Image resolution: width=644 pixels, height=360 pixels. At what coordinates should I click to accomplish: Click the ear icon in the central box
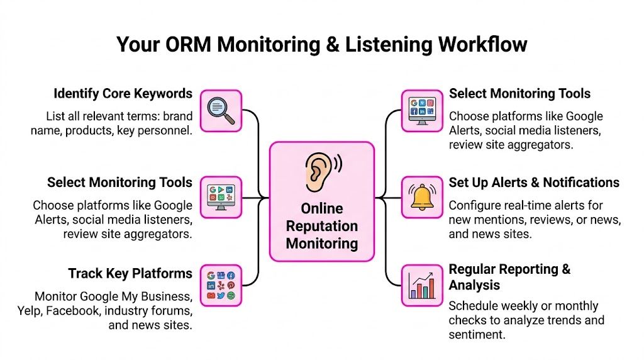[321, 171]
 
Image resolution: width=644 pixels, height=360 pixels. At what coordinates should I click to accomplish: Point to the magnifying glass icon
[221, 110]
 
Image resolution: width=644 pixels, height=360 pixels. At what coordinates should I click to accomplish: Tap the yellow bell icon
[422, 197]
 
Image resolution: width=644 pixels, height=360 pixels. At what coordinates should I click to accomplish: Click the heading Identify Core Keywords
[123, 94]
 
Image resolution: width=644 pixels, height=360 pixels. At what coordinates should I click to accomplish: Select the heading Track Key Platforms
[130, 273]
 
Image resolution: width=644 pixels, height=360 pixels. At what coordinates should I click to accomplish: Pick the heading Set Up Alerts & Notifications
[534, 183]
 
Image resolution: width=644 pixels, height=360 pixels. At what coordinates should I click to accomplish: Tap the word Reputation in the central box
[321, 226]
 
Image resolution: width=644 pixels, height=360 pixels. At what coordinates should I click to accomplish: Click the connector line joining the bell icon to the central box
[389, 198]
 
